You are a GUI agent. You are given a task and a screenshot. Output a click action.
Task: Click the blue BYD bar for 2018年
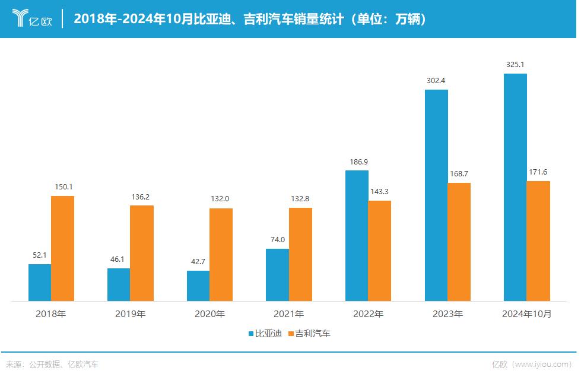(x=40, y=282)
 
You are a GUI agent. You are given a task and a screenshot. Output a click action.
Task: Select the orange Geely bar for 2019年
(x=142, y=253)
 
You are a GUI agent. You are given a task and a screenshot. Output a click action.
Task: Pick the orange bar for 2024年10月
(x=538, y=240)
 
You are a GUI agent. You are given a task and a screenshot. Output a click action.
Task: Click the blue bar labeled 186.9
(x=357, y=235)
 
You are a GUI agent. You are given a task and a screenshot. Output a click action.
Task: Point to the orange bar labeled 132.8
(x=300, y=254)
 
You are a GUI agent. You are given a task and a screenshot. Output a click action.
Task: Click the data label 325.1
(x=515, y=65)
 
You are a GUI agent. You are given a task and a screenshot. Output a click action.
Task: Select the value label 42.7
(x=198, y=262)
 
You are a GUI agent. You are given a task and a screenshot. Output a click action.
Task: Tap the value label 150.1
(x=62, y=186)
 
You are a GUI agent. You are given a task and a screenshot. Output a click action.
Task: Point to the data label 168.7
(x=459, y=173)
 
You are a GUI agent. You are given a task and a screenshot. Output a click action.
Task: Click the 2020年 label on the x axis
(x=209, y=314)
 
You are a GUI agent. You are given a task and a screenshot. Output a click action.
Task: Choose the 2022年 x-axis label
(x=368, y=314)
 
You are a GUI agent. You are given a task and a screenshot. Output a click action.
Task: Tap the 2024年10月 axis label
(x=526, y=314)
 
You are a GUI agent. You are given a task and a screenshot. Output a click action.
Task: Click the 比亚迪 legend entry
(x=265, y=334)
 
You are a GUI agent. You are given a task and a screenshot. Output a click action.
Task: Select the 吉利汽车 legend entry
(x=309, y=334)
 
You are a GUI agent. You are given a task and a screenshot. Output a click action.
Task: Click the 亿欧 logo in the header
(x=33, y=19)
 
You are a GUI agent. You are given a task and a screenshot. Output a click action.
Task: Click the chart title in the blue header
(x=249, y=19)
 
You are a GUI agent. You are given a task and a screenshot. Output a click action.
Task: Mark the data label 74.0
(x=277, y=240)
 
